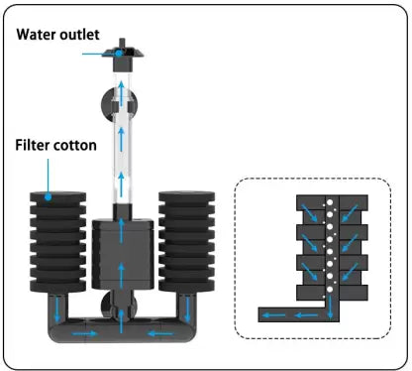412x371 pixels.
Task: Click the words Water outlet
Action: tap(57, 35)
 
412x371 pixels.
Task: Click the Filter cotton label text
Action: tap(56, 145)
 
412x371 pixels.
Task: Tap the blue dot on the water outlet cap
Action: tap(119, 53)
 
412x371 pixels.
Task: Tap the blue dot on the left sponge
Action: tap(49, 197)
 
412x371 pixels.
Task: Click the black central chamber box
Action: tap(123, 253)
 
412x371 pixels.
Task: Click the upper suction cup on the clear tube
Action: tap(119, 105)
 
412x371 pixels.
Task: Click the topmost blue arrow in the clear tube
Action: tap(122, 94)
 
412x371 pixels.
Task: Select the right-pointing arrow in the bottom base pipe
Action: tap(85, 333)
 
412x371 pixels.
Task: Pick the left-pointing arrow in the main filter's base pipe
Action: tap(160, 333)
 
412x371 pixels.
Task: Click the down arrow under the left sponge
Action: tap(57, 309)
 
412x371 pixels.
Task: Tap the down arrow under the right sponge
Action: tap(187, 309)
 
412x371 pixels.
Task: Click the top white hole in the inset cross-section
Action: tap(329, 202)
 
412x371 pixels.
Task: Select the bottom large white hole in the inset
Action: tap(330, 290)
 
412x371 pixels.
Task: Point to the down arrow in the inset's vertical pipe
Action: tap(330, 308)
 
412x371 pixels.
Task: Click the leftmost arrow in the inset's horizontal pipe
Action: tap(274, 315)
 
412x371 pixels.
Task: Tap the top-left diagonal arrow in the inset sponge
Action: tap(309, 213)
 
